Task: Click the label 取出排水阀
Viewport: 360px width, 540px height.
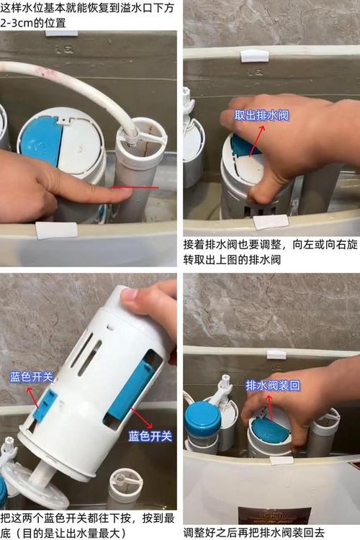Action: click(x=261, y=115)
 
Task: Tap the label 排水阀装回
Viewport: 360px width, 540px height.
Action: click(x=273, y=385)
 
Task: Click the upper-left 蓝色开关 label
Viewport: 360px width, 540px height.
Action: click(x=32, y=377)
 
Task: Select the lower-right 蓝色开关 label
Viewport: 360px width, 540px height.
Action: click(x=150, y=436)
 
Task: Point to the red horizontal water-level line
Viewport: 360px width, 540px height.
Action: click(x=136, y=188)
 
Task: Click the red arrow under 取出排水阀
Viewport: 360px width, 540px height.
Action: click(x=256, y=141)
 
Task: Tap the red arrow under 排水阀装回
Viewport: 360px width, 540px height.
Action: click(x=270, y=408)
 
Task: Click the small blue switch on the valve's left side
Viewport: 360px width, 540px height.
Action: click(x=45, y=405)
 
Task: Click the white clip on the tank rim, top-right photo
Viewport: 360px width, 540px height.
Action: click(x=255, y=55)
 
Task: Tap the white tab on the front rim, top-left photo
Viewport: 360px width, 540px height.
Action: click(x=56, y=230)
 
